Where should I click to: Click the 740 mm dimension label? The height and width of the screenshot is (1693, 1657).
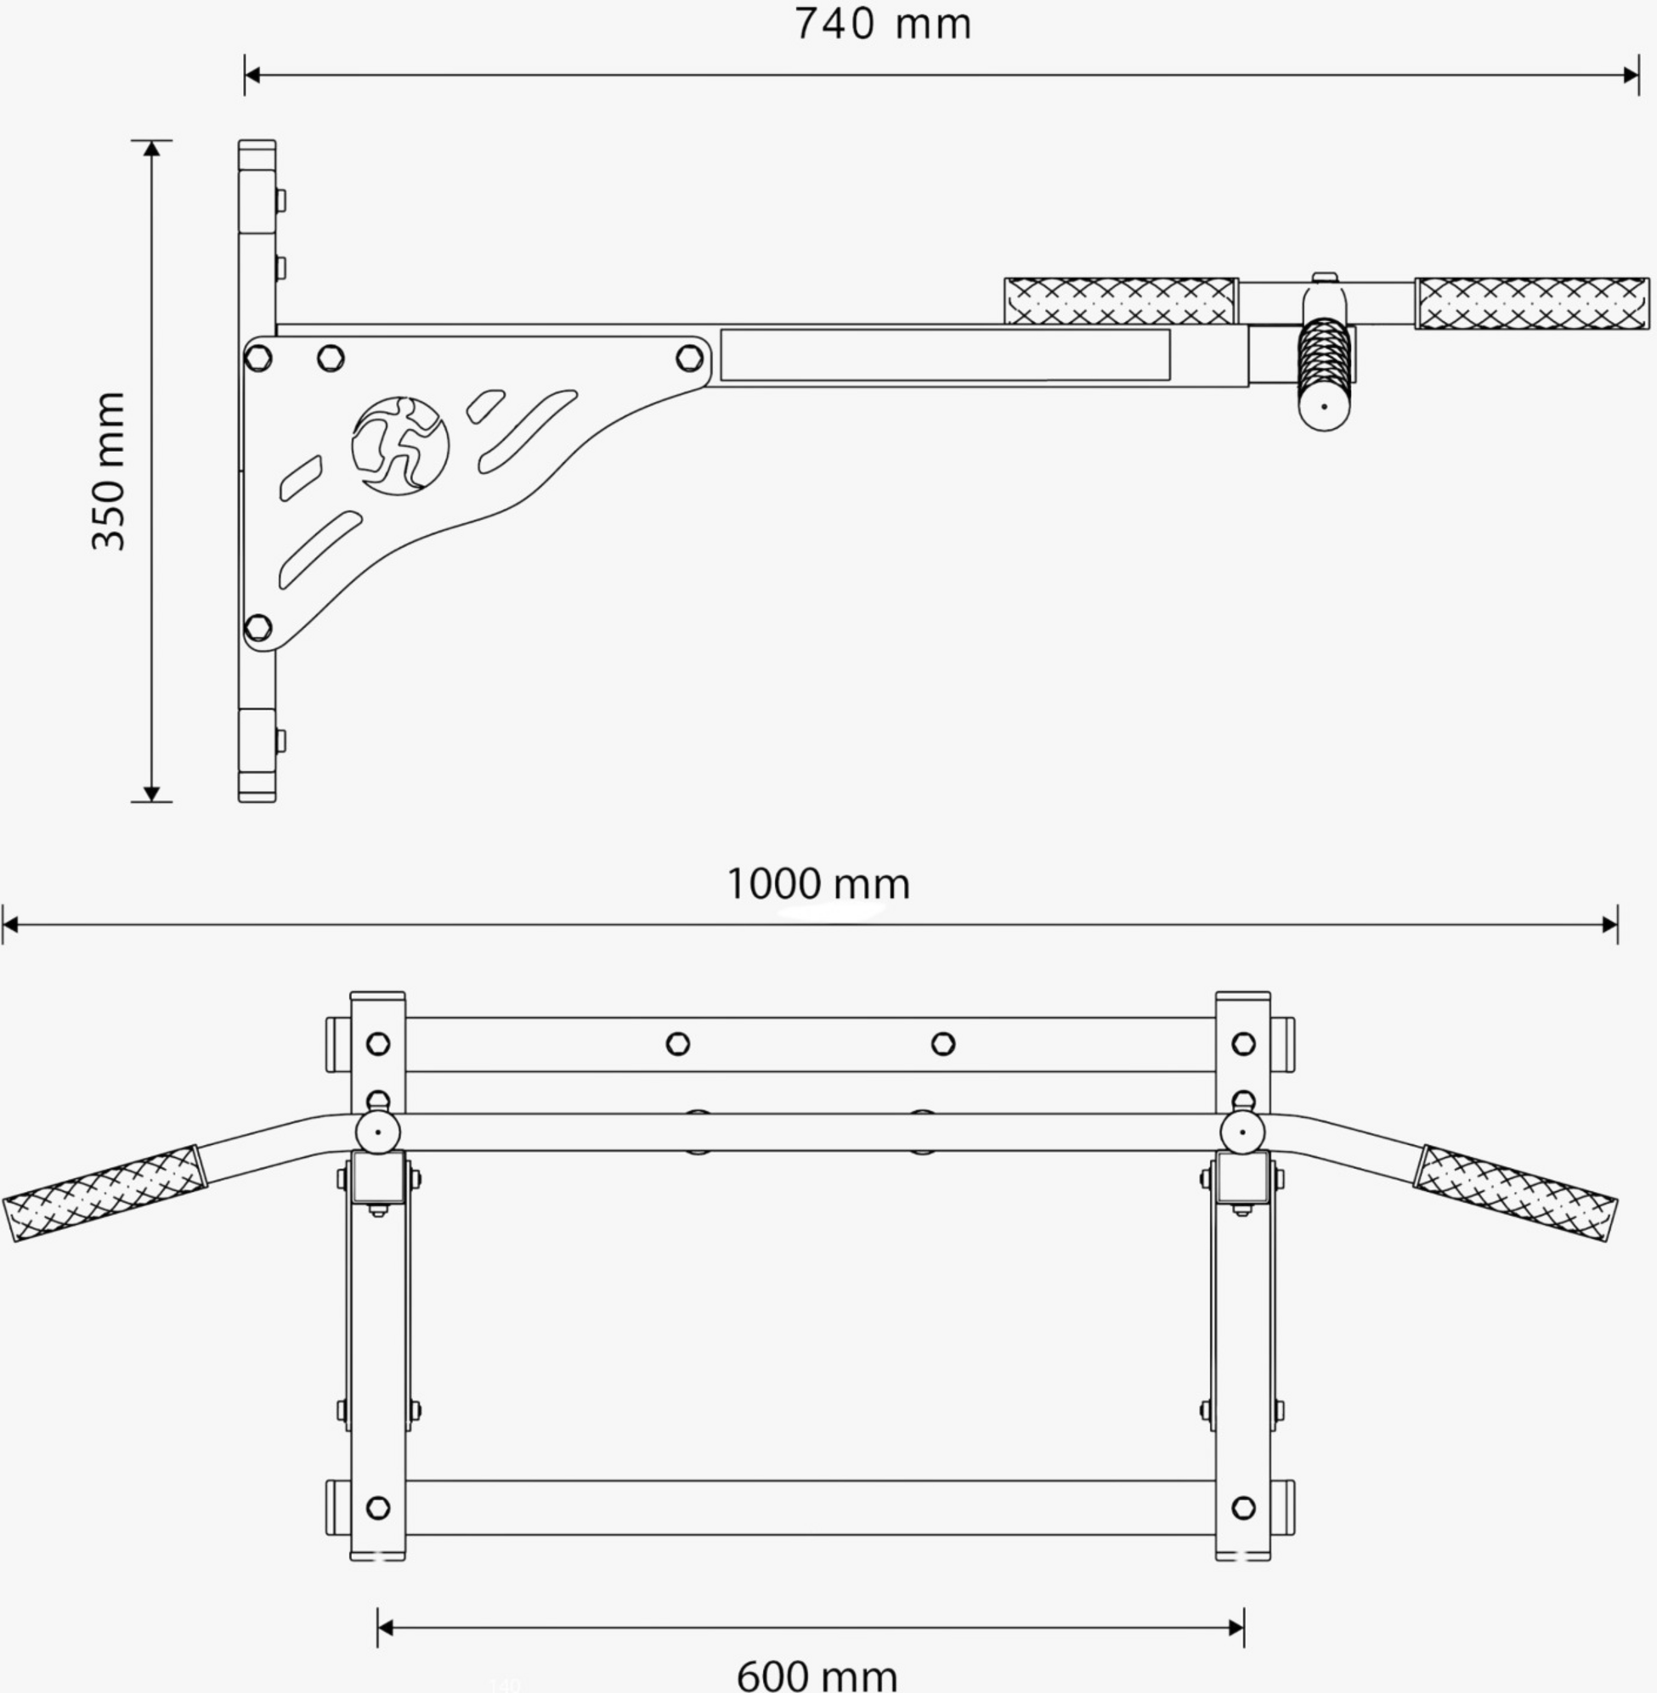coord(882,25)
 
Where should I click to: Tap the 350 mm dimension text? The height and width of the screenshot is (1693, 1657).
coord(110,471)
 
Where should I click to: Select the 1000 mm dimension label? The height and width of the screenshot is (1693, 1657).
coord(818,884)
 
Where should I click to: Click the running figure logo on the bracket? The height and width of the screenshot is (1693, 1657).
coord(400,445)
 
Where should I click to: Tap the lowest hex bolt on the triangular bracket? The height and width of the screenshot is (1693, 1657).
coord(258,626)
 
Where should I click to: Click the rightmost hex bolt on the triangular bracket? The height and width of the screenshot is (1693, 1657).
coord(689,358)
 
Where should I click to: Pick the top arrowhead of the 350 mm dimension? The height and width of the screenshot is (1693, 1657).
coord(152,149)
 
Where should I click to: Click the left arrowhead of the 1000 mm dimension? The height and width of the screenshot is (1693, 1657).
coord(10,924)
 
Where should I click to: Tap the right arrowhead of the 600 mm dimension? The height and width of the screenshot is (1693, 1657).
coord(1235,1628)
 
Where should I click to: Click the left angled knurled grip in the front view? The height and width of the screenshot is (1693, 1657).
coord(105,1193)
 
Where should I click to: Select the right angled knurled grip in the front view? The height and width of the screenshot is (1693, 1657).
coord(1515,1193)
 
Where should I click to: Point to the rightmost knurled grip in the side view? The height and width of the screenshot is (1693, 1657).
coord(1532,303)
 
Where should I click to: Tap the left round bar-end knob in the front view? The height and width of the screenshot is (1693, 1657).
coord(377,1131)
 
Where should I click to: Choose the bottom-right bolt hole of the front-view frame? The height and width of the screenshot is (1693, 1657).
coord(1244,1507)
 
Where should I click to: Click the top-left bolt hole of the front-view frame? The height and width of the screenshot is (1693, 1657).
coord(377,1043)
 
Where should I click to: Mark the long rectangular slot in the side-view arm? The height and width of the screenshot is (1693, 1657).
coord(944,355)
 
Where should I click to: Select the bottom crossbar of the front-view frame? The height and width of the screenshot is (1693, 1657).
coord(809,1507)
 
